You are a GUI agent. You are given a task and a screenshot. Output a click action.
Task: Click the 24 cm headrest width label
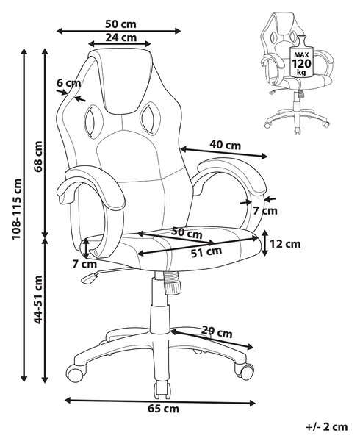coord(121,37)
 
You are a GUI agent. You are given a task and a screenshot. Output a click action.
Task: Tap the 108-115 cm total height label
coord(17,209)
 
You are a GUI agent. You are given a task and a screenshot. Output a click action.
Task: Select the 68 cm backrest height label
coord(37,157)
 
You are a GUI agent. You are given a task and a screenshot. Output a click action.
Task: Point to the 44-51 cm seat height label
coord(37,300)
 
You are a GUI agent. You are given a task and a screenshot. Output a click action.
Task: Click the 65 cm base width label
coord(163,409)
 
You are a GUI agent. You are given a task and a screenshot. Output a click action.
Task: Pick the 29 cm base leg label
coord(217,332)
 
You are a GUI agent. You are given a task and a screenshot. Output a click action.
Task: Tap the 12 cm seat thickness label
coord(285,244)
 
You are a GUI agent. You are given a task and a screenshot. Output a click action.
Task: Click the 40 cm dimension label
coord(225,145)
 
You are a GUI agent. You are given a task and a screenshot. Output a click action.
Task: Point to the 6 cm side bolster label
coord(68,83)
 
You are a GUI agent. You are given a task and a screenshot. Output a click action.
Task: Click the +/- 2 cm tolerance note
coord(326,427)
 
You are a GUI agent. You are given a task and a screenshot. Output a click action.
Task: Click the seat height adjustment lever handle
coord(88,279)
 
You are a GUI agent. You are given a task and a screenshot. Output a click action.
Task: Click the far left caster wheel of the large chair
coord(75,373)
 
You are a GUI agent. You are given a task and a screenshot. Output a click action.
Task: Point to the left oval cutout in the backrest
coord(92,121)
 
